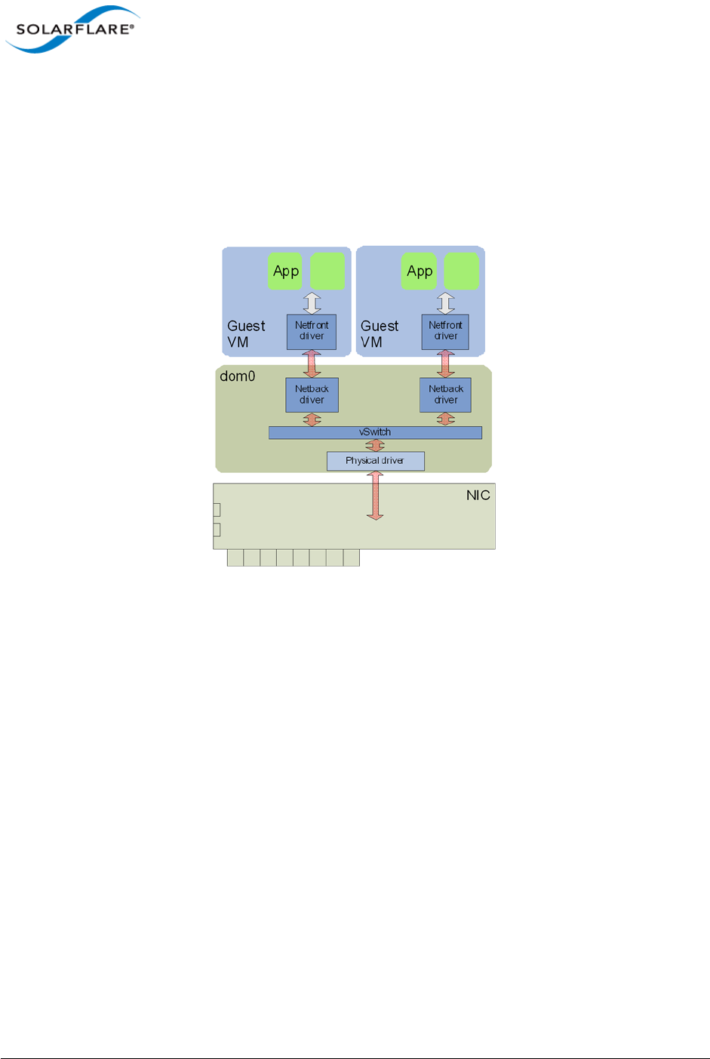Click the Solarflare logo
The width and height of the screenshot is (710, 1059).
tap(73, 29)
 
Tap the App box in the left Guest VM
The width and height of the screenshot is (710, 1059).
tap(285, 271)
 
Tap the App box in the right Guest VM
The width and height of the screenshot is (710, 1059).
tap(420, 271)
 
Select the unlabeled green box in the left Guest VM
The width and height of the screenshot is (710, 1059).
tap(327, 271)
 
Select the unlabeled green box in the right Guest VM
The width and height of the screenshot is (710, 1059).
tap(461, 271)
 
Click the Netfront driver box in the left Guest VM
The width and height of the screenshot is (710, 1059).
tap(312, 331)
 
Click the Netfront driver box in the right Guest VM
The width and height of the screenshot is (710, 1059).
tap(445, 331)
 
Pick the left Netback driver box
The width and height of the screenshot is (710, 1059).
tap(312, 394)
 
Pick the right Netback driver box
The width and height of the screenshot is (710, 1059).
tap(445, 394)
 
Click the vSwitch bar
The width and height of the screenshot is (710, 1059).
tap(375, 432)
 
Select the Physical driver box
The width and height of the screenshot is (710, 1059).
tap(375, 460)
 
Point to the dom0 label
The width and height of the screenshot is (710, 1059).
tap(238, 376)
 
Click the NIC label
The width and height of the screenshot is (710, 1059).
tap(478, 495)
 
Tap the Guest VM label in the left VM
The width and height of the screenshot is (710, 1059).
tap(246, 333)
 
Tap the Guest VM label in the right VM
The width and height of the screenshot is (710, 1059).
tap(380, 333)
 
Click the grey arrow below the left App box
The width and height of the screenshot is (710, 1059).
tap(312, 302)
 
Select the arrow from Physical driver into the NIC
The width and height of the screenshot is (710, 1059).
tap(375, 496)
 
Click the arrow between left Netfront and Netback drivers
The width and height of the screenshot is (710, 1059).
tap(312, 364)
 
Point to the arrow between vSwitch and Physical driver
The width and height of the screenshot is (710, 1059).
tap(375, 446)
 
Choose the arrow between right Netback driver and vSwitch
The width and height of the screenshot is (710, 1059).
tap(446, 419)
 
